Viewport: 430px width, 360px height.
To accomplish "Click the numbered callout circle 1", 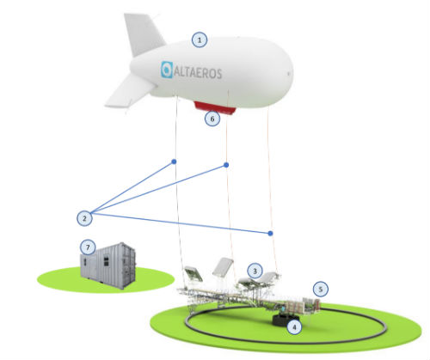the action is click(x=200, y=40).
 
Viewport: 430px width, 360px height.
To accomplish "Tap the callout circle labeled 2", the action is click(x=84, y=218).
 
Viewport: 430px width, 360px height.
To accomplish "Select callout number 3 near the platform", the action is click(x=255, y=271).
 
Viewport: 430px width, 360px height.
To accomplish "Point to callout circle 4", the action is click(x=294, y=326).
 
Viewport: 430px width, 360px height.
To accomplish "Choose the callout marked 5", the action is click(x=321, y=290).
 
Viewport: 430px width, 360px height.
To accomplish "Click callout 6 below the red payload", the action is click(x=212, y=119).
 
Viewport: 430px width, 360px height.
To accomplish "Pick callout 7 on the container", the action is click(x=88, y=247).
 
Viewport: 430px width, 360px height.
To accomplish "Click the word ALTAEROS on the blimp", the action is click(x=198, y=73).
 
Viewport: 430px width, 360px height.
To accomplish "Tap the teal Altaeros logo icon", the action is click(x=167, y=70).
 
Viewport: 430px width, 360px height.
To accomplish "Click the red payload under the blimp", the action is click(x=215, y=107).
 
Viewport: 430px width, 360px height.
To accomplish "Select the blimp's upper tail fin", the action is click(x=144, y=33).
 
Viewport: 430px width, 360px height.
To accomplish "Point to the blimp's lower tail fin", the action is click(x=129, y=92).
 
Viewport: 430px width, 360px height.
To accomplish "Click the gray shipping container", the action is click(x=108, y=265).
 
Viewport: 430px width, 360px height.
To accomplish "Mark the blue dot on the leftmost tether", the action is click(x=174, y=162).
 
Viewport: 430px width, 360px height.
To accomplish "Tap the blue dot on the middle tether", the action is click(x=226, y=165).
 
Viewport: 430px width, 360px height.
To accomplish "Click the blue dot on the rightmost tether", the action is click(x=270, y=234).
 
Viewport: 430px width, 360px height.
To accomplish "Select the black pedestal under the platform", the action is click(x=286, y=320).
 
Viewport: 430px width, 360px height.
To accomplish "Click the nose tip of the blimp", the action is click(x=292, y=74).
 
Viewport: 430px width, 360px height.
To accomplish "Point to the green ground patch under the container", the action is click(x=106, y=279).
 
